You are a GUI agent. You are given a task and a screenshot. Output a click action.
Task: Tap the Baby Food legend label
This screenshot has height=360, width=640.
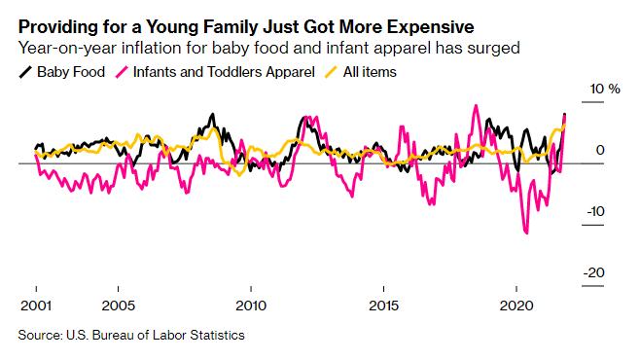point(70,71)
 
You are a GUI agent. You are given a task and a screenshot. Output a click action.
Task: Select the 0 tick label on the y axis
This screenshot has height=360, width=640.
point(600,150)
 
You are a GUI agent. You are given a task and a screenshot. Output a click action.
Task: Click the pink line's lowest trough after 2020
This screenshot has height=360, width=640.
point(527,233)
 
